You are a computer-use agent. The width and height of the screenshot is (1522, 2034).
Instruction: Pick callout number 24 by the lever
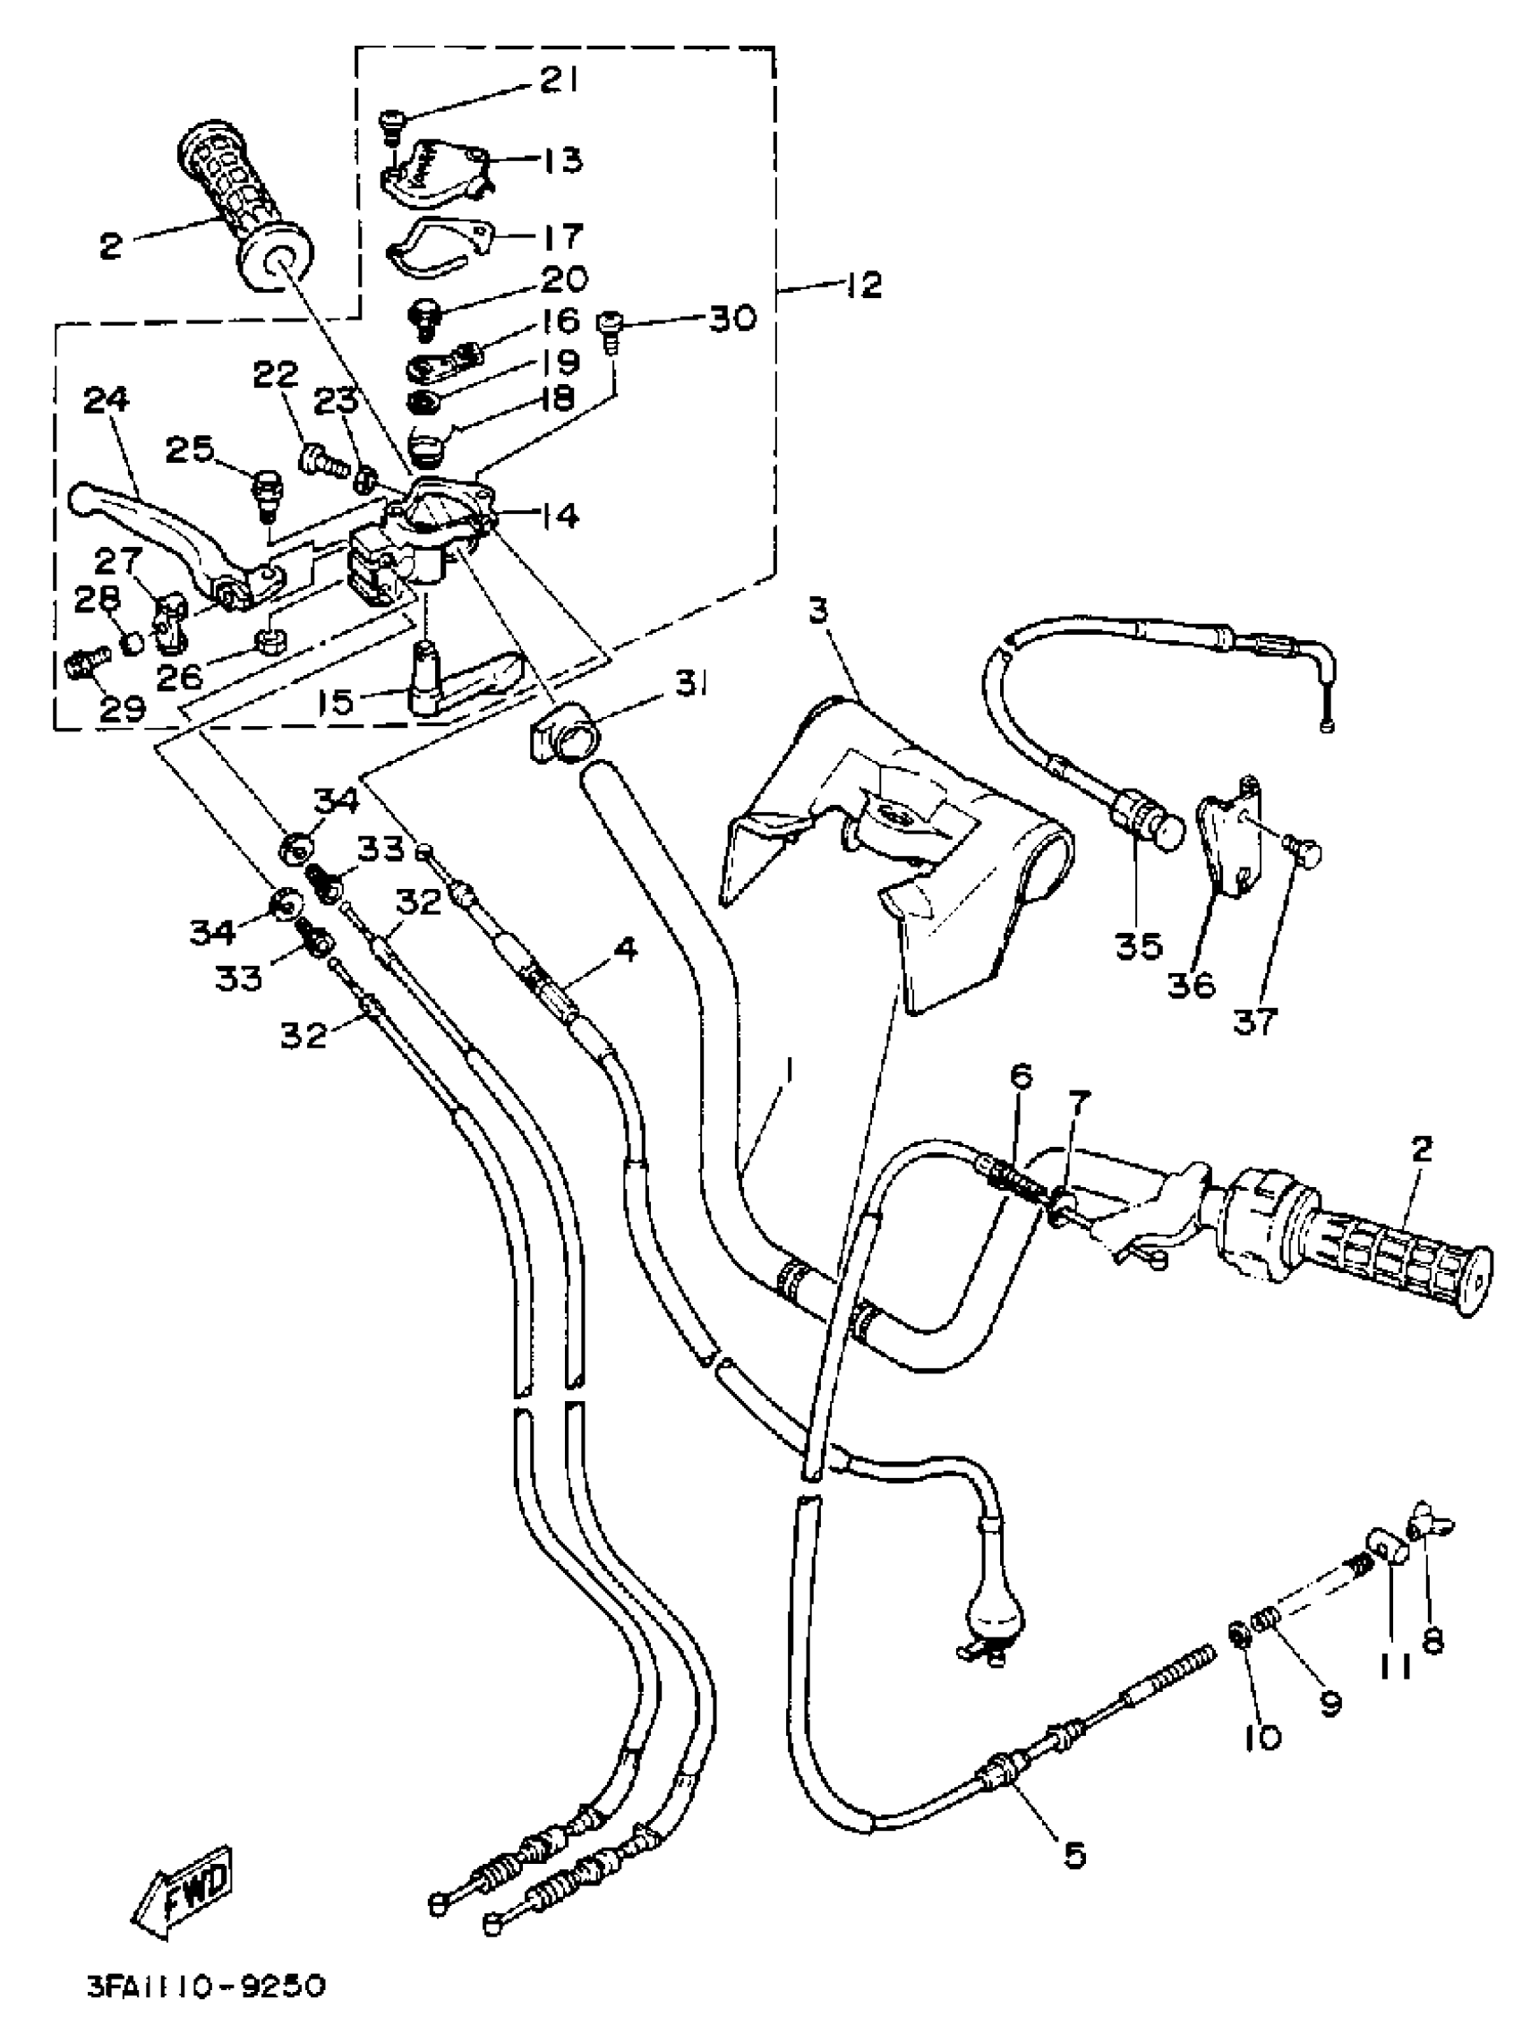tap(106, 400)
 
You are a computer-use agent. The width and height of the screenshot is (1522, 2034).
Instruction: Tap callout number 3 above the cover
tap(819, 611)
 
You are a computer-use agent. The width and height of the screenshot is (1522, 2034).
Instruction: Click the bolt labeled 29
tap(87, 659)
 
